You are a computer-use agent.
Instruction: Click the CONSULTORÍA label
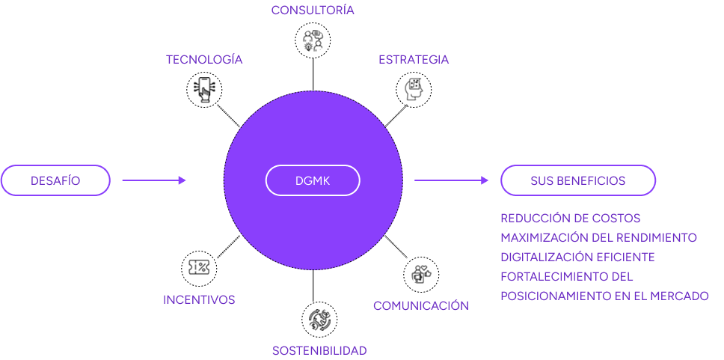(x=313, y=10)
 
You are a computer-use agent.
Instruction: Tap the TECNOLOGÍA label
(x=204, y=60)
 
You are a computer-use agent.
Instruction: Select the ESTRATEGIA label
(x=414, y=60)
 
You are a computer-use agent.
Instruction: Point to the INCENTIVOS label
(x=199, y=300)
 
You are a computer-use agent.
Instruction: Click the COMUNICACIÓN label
(x=421, y=306)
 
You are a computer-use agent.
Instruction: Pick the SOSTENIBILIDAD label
(x=319, y=351)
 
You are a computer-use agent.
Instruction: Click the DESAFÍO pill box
(x=55, y=180)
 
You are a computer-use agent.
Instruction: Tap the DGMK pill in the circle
(x=313, y=180)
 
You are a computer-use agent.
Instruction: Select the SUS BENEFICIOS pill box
(x=577, y=180)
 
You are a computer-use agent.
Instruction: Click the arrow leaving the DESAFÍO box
(x=153, y=180)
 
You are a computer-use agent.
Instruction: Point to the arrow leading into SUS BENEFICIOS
(x=451, y=180)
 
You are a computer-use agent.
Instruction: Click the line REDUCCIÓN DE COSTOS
(x=571, y=219)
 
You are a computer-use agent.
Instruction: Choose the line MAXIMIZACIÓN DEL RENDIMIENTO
(x=598, y=238)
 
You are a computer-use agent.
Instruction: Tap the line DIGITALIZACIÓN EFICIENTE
(x=577, y=257)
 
